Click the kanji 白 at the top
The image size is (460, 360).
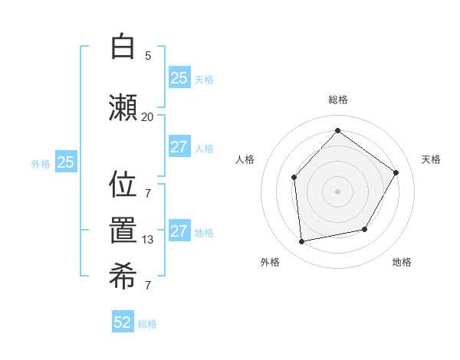click(x=123, y=47)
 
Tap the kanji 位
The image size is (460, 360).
click(x=123, y=184)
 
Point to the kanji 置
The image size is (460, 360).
click(x=123, y=231)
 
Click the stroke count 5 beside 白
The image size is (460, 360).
click(x=148, y=56)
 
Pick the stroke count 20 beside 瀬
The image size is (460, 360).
click(x=147, y=116)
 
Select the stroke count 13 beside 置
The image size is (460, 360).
click(x=148, y=240)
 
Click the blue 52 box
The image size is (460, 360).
click(x=123, y=322)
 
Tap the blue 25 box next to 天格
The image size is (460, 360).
click(x=179, y=78)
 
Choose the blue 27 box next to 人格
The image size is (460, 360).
click(x=179, y=147)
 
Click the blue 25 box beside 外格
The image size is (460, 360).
click(x=66, y=162)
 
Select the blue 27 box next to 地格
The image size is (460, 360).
click(x=179, y=231)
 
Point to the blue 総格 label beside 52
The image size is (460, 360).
click(x=147, y=324)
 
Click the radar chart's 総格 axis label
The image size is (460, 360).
click(x=337, y=100)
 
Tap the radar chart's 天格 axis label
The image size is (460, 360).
click(x=431, y=159)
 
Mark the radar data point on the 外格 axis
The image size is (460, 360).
click(x=302, y=241)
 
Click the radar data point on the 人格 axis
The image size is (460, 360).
click(x=294, y=178)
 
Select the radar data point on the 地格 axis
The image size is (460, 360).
click(x=365, y=229)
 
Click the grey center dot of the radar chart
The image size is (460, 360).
click(x=337, y=191)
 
